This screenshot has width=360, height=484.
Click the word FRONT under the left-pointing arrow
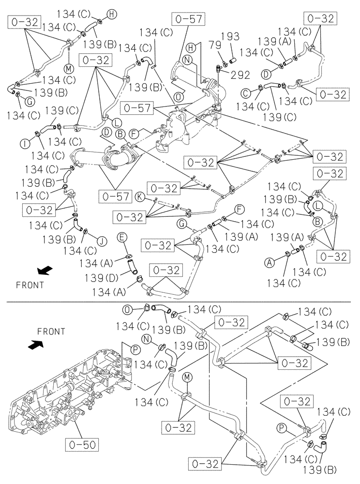point(30,285)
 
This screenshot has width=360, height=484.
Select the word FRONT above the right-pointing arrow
point(50,332)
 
